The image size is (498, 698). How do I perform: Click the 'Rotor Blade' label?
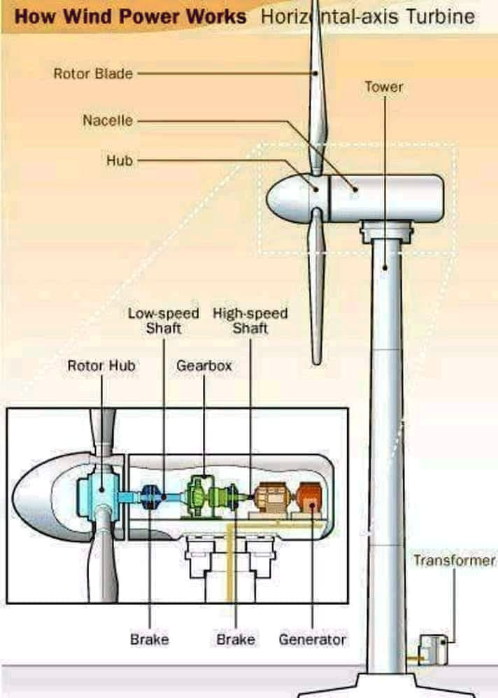point(93,73)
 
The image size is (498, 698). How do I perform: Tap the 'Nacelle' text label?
point(108,120)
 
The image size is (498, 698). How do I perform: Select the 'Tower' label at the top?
point(383,87)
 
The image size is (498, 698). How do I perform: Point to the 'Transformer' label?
point(453,560)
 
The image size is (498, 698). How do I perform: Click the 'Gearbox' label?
point(204,365)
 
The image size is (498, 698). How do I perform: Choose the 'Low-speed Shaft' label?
point(163,321)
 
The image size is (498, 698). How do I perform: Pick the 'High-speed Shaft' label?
point(250,321)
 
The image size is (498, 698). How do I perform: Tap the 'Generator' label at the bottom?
point(312,639)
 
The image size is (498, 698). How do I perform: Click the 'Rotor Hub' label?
point(101,365)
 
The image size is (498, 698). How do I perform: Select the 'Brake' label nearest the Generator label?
point(235,639)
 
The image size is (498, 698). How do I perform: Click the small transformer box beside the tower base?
point(432,648)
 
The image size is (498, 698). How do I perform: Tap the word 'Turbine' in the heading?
point(442,16)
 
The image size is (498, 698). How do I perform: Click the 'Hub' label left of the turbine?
point(119,161)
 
